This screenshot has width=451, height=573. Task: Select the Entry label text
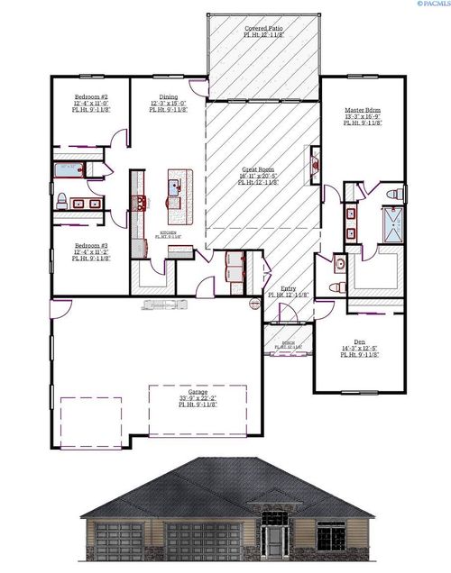(x=288, y=289)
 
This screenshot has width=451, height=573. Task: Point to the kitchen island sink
(x=176, y=188)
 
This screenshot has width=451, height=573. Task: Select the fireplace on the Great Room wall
(x=315, y=164)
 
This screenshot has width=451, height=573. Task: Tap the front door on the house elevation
(x=275, y=540)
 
